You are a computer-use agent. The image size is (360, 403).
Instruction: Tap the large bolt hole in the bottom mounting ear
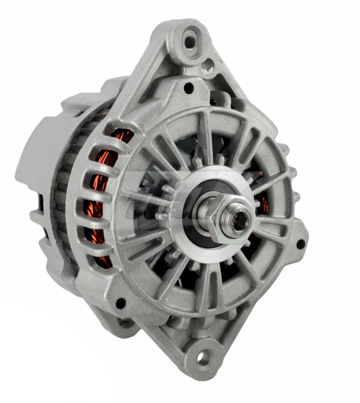[x=202, y=355]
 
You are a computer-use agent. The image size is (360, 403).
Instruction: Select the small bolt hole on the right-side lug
[x=300, y=243]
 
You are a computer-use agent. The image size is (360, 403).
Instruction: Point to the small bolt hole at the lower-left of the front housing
[x=121, y=303]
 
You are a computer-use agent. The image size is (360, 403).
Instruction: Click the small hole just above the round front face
[x=189, y=87]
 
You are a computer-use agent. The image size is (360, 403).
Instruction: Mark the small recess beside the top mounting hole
[x=209, y=64]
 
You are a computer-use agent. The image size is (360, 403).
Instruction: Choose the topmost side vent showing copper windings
[x=121, y=138]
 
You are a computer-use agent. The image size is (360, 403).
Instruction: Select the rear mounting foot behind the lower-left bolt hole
[x=124, y=326]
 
